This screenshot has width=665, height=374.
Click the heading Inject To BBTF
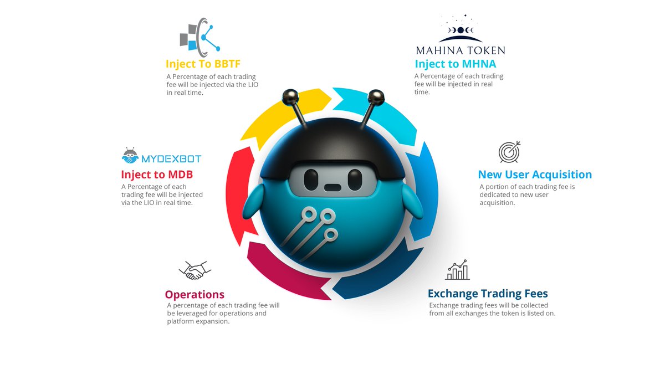[202, 64]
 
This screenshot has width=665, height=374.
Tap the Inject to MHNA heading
[455, 64]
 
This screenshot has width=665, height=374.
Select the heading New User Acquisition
[535, 175]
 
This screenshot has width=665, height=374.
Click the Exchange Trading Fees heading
[488, 293]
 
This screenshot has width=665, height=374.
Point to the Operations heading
[195, 294]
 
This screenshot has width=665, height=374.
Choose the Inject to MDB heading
[157, 175]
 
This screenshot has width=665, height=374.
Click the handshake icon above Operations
[195, 270]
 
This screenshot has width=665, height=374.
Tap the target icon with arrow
[509, 151]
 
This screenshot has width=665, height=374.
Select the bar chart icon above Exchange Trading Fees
[457, 270]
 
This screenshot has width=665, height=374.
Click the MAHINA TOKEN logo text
[461, 50]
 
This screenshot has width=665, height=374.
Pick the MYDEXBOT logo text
[171, 159]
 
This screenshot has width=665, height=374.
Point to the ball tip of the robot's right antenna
[376, 96]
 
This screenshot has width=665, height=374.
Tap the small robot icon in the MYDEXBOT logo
[130, 156]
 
